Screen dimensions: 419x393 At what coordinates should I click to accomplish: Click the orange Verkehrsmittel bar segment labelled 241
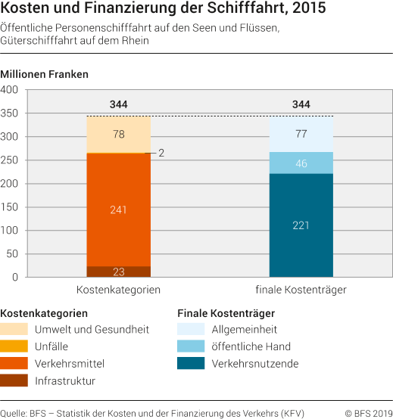[118, 209]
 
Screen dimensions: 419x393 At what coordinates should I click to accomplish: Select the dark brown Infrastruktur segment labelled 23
[118, 272]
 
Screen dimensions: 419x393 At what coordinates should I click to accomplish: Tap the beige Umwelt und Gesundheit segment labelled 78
[118, 135]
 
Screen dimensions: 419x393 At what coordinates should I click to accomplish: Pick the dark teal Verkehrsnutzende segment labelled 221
[301, 225]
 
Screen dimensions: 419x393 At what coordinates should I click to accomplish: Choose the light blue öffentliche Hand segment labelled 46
[301, 163]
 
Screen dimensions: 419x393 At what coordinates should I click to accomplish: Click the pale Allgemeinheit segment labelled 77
[301, 134]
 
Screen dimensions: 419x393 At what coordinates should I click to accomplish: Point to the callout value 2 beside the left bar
[161, 153]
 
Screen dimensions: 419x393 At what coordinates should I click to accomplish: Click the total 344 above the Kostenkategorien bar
[118, 104]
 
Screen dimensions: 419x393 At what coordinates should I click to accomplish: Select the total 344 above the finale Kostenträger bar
[301, 104]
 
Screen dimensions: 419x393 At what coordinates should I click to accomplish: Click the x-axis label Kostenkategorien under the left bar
[118, 290]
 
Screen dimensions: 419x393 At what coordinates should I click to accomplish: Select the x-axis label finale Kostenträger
[301, 290]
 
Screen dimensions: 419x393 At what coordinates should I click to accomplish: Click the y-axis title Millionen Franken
[45, 74]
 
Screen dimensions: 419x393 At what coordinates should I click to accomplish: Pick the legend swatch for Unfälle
[14, 346]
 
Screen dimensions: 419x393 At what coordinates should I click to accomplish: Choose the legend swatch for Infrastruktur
[14, 380]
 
